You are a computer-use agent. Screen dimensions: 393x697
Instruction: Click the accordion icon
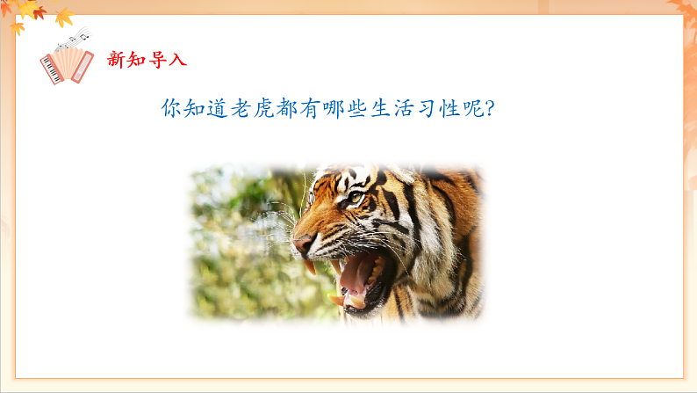click(66, 65)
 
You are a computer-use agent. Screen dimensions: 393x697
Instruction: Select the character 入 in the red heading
click(178, 60)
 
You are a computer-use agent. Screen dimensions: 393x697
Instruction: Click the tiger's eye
click(355, 198)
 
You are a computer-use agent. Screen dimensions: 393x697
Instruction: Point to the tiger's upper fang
click(311, 266)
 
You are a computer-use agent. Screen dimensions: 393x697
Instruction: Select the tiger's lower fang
click(337, 300)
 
